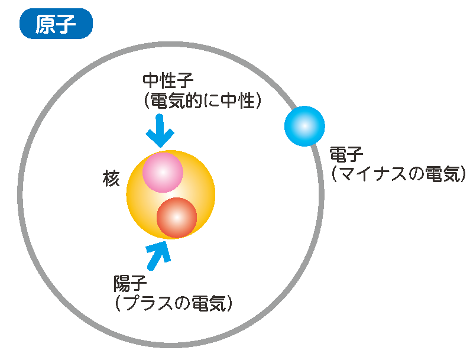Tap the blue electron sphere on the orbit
[x=304, y=125]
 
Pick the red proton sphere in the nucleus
[x=177, y=218]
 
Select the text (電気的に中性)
[x=202, y=102]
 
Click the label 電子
[x=346, y=155]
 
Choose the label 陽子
[x=130, y=284]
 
